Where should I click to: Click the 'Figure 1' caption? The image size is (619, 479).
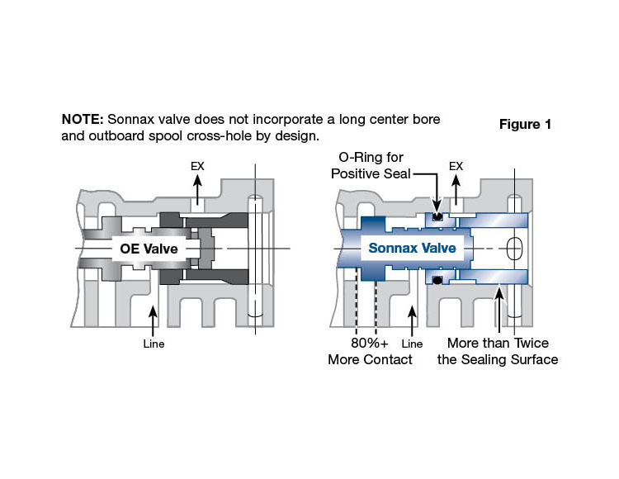pyautogui.click(x=525, y=125)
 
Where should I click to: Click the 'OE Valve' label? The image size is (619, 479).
pyautogui.click(x=147, y=248)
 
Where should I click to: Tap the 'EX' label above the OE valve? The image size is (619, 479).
pyautogui.click(x=197, y=167)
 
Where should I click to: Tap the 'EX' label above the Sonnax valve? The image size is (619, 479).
pyautogui.click(x=456, y=167)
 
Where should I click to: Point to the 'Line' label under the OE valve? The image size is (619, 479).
pyautogui.click(x=153, y=344)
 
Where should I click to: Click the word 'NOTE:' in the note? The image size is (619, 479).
pyautogui.click(x=82, y=119)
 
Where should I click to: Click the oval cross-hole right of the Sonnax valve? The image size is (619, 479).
pyautogui.click(x=513, y=248)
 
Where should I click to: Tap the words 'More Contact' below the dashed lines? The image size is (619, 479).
pyautogui.click(x=370, y=359)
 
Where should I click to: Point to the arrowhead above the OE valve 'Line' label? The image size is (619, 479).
pyautogui.click(x=153, y=308)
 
